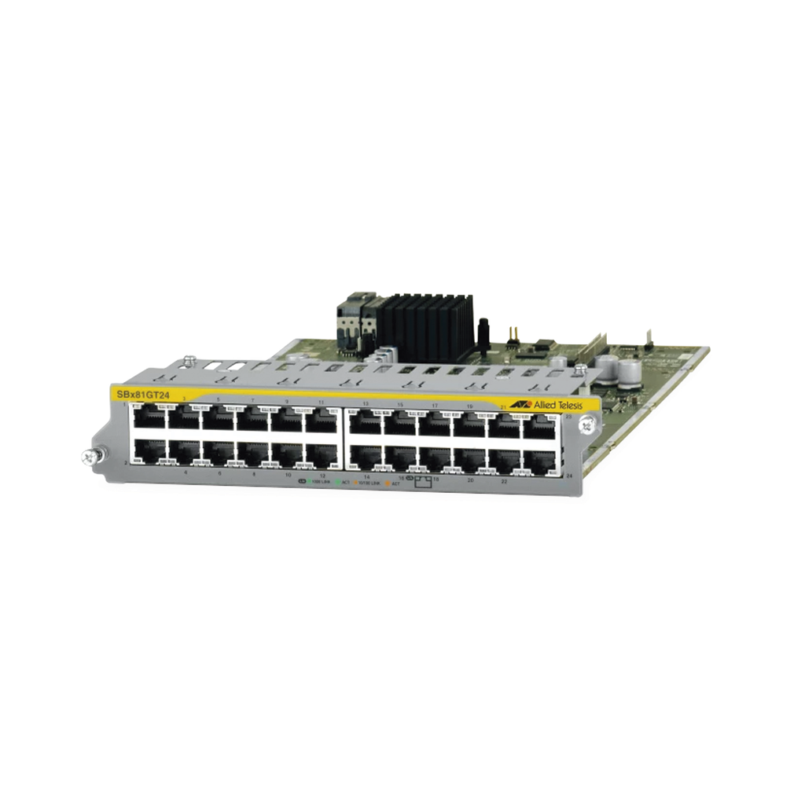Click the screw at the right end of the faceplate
(585, 425)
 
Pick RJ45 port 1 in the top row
(149, 418)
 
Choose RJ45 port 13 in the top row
(365, 423)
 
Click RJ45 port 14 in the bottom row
(365, 457)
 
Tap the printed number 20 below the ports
(470, 479)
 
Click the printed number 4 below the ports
(186, 473)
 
